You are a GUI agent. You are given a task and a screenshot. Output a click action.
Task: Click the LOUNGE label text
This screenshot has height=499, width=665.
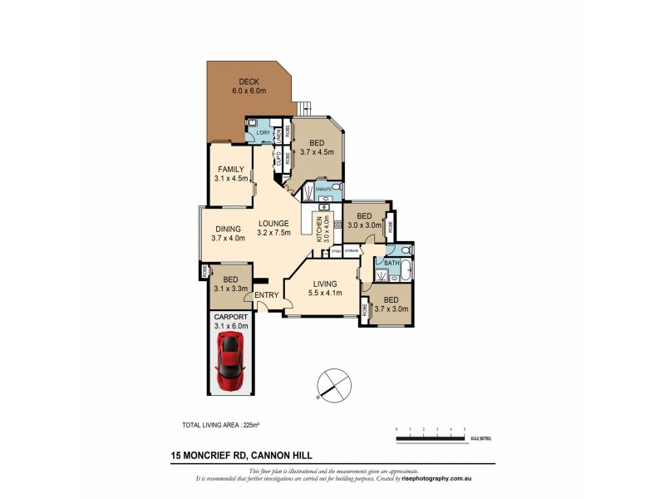(273, 223)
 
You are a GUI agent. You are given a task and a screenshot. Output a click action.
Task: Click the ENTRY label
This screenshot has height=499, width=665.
(267, 294)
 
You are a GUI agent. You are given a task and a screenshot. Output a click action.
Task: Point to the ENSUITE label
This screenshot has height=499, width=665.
(323, 190)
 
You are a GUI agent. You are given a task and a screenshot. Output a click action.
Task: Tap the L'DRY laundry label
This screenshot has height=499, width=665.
(263, 133)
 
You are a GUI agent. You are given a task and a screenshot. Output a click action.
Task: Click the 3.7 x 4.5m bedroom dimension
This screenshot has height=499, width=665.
(317, 152)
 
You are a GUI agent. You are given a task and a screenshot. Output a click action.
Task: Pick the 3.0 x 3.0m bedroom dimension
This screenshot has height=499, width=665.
(364, 225)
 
